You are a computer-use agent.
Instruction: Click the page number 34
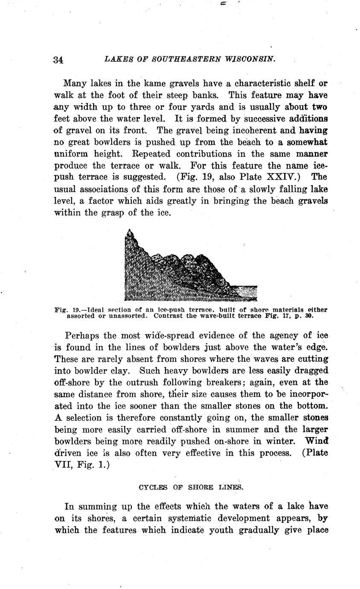click(58, 60)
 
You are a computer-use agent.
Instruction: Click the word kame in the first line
click(134, 83)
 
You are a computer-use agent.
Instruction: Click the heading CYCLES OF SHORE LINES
click(191, 487)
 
